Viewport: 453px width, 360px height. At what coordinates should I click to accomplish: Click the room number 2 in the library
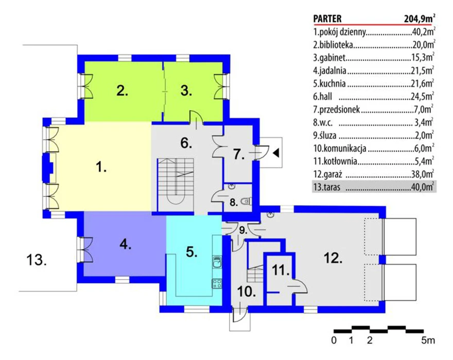click(x=122, y=91)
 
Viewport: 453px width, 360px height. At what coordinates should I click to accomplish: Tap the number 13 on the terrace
click(x=37, y=260)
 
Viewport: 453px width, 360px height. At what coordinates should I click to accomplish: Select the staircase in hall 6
click(x=176, y=182)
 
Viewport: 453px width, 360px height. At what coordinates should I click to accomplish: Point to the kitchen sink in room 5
click(x=217, y=262)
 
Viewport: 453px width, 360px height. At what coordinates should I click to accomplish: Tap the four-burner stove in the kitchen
click(x=217, y=283)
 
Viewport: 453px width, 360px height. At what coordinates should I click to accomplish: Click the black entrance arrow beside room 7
click(x=276, y=153)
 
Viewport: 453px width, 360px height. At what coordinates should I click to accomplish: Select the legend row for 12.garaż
click(x=374, y=174)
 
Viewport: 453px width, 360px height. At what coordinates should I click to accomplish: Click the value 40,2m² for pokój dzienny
click(x=423, y=32)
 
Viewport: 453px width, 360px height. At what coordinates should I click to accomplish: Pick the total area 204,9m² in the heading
click(x=420, y=19)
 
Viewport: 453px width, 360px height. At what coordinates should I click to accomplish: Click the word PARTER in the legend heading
click(x=327, y=19)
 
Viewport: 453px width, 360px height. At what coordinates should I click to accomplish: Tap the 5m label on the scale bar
click(x=428, y=340)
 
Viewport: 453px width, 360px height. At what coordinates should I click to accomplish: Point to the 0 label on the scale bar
click(x=334, y=340)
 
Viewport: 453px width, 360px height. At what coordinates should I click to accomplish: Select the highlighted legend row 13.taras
click(x=374, y=187)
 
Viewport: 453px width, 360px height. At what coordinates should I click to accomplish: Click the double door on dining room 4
click(x=85, y=250)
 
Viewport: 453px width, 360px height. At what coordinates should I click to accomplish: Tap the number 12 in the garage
click(x=333, y=258)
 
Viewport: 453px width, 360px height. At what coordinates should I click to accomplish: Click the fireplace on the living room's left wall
click(x=48, y=168)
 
